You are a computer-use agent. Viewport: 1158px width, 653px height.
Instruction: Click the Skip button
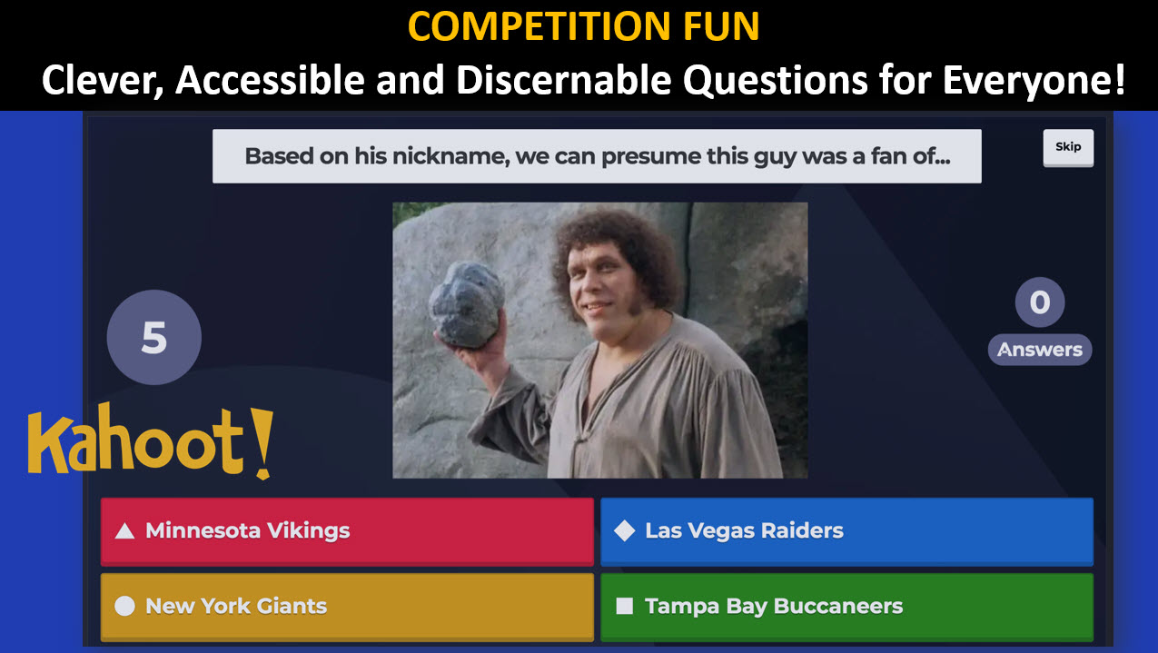(x=1068, y=147)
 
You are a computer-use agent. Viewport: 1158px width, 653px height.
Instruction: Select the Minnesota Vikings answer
(x=347, y=531)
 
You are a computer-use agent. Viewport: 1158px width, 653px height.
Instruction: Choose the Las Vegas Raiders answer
(x=846, y=531)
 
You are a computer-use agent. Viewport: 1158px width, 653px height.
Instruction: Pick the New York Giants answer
(x=347, y=607)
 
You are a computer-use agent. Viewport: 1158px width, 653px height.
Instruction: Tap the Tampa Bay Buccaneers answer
(x=846, y=607)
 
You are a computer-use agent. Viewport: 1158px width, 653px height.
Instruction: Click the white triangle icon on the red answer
(x=124, y=531)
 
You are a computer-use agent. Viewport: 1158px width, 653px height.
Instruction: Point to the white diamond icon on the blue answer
(x=625, y=530)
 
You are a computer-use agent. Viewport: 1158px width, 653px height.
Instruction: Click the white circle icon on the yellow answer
(x=124, y=606)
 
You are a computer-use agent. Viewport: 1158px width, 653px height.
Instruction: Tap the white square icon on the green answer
(x=625, y=606)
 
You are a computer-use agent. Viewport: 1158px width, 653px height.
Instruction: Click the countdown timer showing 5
(x=154, y=337)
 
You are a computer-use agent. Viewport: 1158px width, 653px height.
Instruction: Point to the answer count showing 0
(x=1040, y=302)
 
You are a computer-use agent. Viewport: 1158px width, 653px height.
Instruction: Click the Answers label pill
(x=1040, y=350)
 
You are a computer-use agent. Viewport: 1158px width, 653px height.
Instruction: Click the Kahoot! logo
(x=150, y=441)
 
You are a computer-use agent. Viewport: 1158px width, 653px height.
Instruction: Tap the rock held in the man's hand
(x=466, y=304)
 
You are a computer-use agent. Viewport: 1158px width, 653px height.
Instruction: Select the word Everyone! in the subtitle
(x=1034, y=80)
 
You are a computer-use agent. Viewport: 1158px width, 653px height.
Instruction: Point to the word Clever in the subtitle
(x=103, y=81)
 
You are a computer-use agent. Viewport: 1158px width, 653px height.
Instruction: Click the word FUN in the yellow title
(x=721, y=26)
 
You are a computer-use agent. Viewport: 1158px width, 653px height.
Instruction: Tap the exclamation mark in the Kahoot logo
(x=263, y=443)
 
